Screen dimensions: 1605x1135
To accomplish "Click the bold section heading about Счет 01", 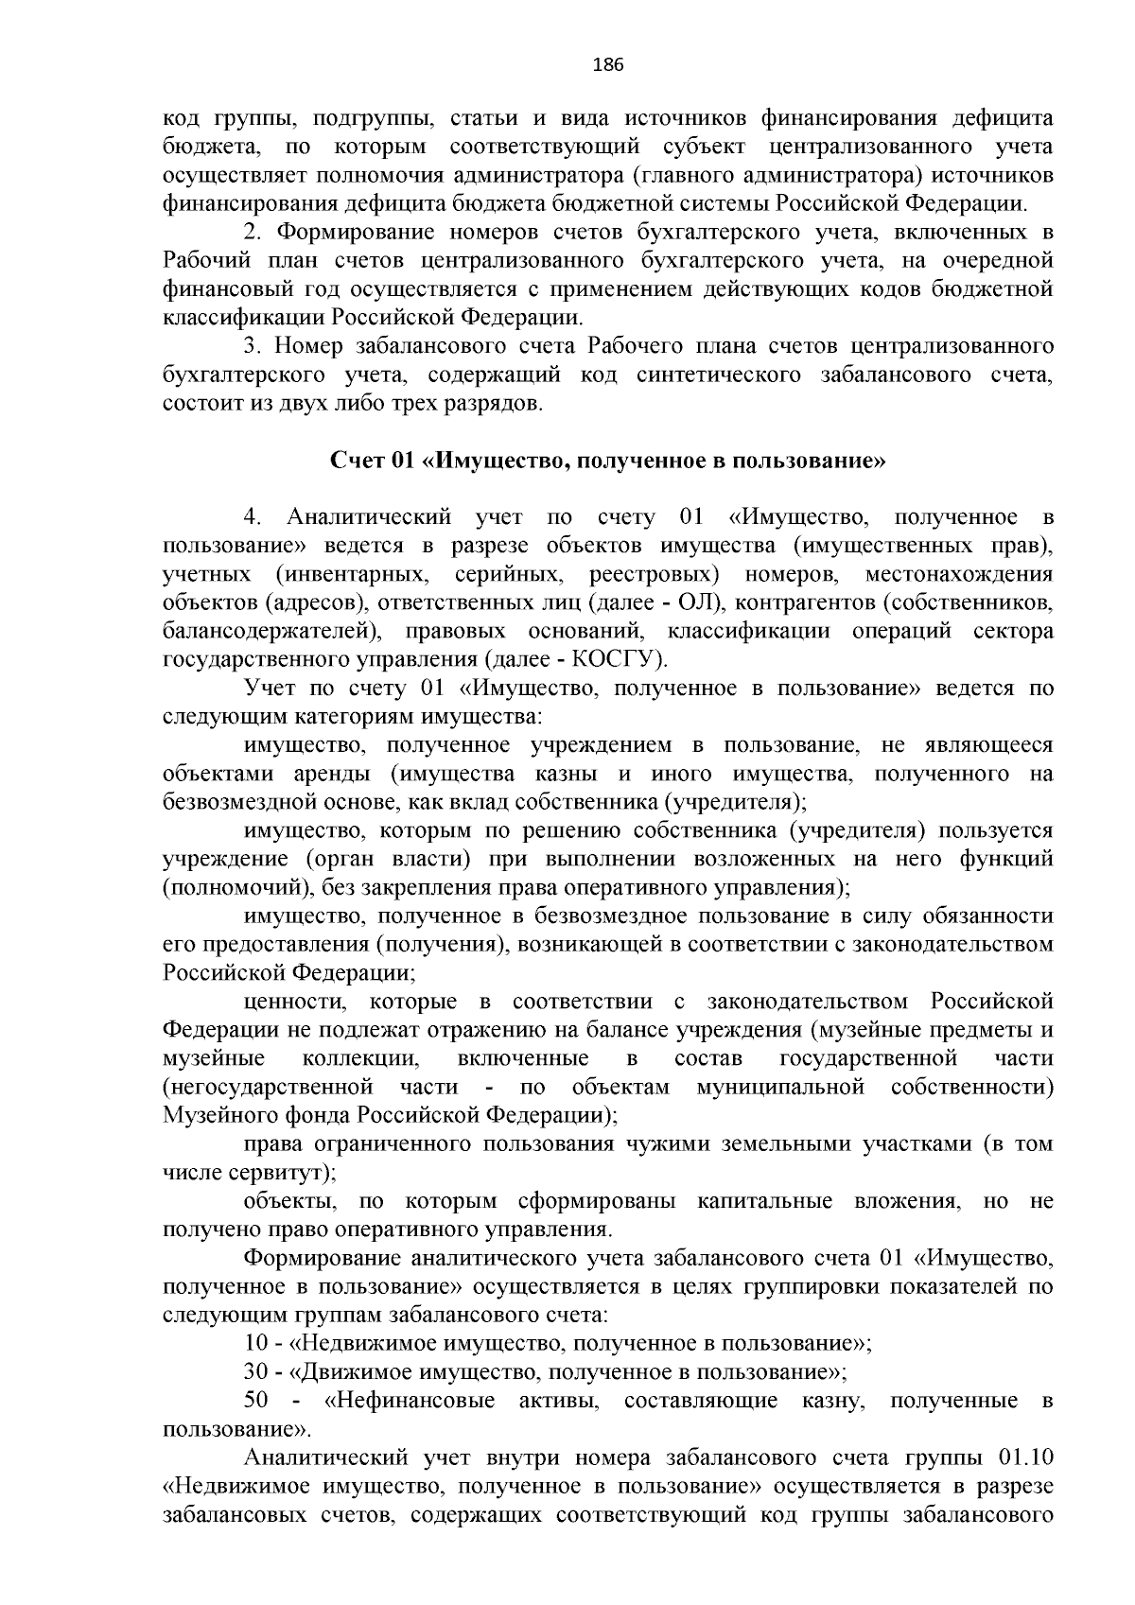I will [607, 462].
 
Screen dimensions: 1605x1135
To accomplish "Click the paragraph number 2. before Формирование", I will [252, 233].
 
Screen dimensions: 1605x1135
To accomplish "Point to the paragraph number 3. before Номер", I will [252, 347].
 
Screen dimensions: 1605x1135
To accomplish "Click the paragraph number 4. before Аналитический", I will [252, 518].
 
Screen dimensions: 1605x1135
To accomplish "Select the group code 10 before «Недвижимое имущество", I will [254, 1344].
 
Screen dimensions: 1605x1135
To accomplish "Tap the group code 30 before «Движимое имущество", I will [254, 1372].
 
